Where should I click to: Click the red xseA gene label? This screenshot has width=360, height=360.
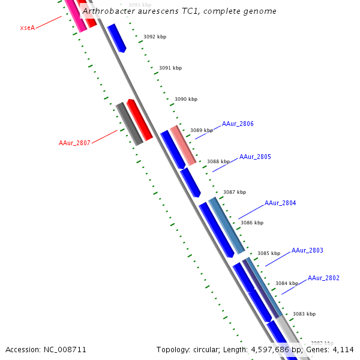coord(27,28)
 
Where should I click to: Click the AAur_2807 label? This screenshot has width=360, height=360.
coord(74,143)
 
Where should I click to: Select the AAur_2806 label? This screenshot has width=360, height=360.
coord(238,124)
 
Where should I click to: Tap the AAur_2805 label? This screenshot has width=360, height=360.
coord(255,157)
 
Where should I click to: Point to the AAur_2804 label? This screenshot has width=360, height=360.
coord(280,203)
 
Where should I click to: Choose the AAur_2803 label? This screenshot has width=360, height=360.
coord(307,250)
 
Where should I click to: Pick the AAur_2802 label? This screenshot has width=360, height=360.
coord(323,278)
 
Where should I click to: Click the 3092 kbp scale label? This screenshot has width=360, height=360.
coord(155,37)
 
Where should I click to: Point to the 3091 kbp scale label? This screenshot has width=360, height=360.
coord(170,68)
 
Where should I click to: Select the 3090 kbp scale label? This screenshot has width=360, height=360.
coord(186,99)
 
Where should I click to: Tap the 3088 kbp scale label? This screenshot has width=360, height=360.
coord(218,161)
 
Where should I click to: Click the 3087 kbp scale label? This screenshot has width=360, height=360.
coord(235,193)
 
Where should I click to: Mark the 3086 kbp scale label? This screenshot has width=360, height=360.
coord(252,223)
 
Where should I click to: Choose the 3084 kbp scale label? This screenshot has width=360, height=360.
coord(287,283)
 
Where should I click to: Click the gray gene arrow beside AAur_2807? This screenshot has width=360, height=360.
coord(130,124)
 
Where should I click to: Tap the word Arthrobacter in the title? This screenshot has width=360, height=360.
coord(107,11)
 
